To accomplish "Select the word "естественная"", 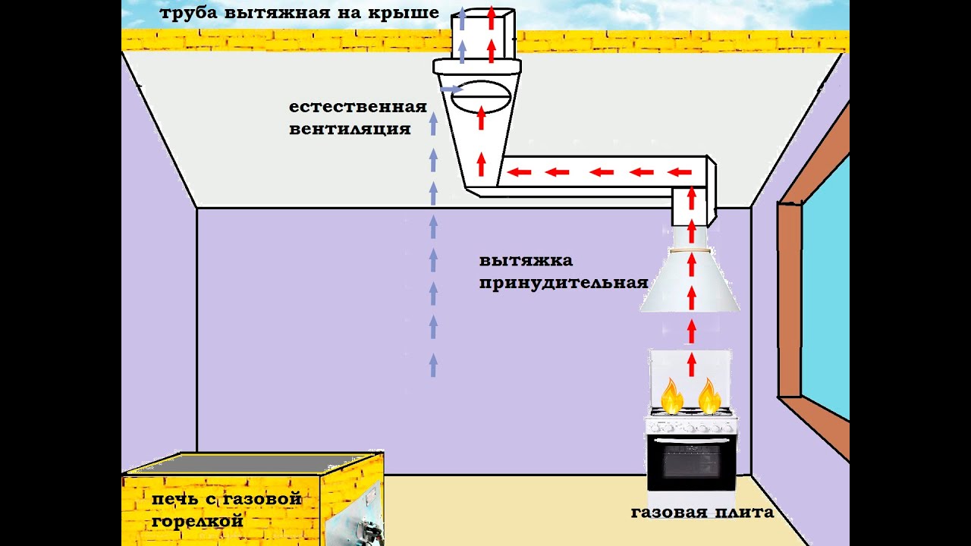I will (x=357, y=107).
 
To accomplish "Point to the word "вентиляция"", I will (x=350, y=129).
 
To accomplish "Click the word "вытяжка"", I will (x=526, y=261).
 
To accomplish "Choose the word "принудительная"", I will (x=563, y=284).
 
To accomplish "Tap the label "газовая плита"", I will (x=702, y=513).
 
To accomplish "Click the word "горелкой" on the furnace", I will (x=197, y=522).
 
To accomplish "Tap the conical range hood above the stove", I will (x=690, y=284).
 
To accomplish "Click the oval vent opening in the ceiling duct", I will (x=481, y=97).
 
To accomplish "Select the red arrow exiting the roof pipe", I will (x=492, y=17).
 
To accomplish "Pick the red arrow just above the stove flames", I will (x=691, y=362).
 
